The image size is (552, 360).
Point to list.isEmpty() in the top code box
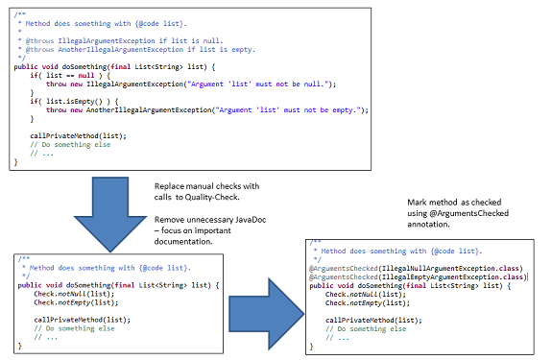(74, 102)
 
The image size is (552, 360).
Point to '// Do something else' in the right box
(366, 329)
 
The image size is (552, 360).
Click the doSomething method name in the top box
(84, 67)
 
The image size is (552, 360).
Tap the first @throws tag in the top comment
(39, 41)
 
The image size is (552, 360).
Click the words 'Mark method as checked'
(454, 203)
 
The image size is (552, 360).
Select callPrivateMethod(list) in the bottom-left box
(81, 320)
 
